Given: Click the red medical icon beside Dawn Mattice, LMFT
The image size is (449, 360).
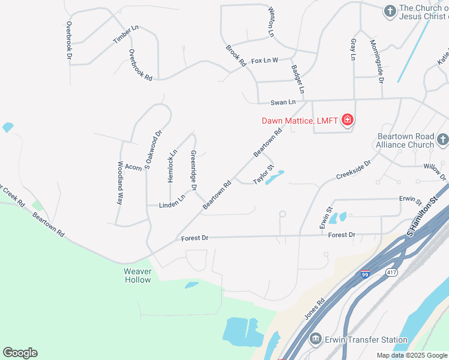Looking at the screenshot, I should (347, 121).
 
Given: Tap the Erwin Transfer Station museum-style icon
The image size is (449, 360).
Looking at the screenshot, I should (315, 340).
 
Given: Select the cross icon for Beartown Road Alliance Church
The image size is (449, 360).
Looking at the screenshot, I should (442, 140).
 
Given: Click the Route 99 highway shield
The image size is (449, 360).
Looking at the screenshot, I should (365, 274).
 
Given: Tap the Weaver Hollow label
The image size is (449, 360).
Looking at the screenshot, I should (137, 275).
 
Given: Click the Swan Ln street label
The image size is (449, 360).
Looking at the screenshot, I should (283, 103).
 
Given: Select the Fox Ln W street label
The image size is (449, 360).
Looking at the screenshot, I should (265, 61).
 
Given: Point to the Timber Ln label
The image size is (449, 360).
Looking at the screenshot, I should (125, 35).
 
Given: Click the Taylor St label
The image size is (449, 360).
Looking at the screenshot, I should (264, 174).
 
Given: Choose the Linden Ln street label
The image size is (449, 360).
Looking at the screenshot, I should (172, 202).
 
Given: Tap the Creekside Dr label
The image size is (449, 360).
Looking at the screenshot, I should (354, 170).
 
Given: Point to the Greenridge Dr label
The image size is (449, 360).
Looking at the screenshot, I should (193, 170).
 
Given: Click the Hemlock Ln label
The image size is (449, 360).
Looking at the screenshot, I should (172, 166).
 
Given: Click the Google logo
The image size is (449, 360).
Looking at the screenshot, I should (20, 353).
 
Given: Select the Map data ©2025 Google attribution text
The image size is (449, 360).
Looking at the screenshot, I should (412, 355).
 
